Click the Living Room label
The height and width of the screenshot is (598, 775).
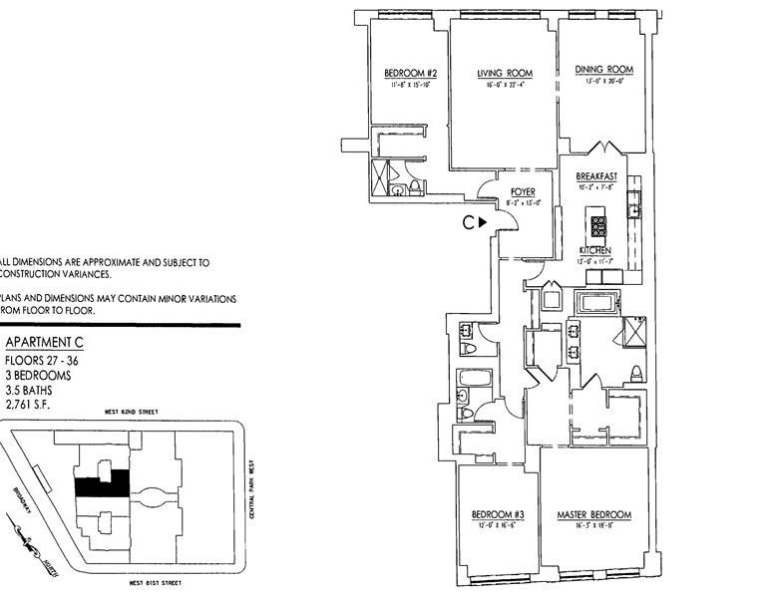[504, 73]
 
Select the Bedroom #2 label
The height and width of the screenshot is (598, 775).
[411, 73]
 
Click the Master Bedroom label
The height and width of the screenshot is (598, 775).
[593, 514]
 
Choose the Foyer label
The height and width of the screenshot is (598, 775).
[524, 191]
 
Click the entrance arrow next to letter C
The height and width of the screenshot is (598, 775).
[481, 223]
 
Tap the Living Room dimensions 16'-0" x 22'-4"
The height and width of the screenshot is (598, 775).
[504, 85]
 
